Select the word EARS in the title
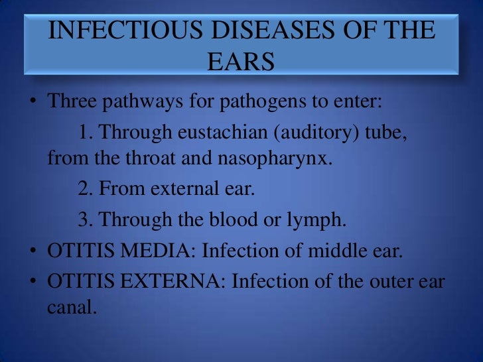tap(241, 62)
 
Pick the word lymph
tap(318, 220)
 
